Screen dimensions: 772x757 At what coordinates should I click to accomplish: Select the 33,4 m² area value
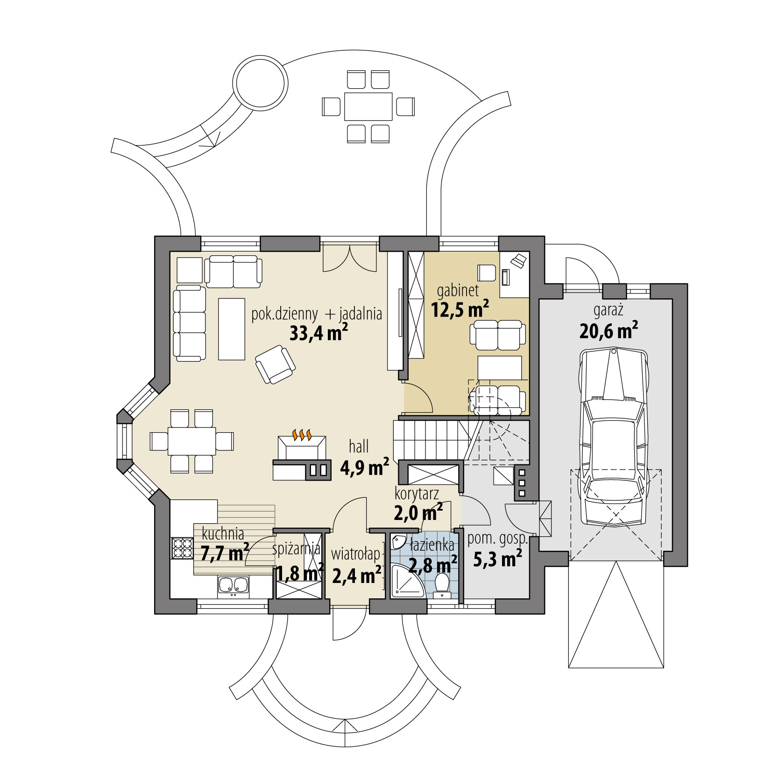pos(319,333)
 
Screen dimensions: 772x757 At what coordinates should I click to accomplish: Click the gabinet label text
pos(458,291)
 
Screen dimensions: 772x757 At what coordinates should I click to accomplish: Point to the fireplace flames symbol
pos(302,435)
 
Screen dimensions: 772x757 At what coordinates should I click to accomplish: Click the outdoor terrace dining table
pos(368,106)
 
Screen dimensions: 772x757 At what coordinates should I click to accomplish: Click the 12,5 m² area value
pos(460,309)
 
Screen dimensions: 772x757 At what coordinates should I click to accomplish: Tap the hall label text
pos(359,447)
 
